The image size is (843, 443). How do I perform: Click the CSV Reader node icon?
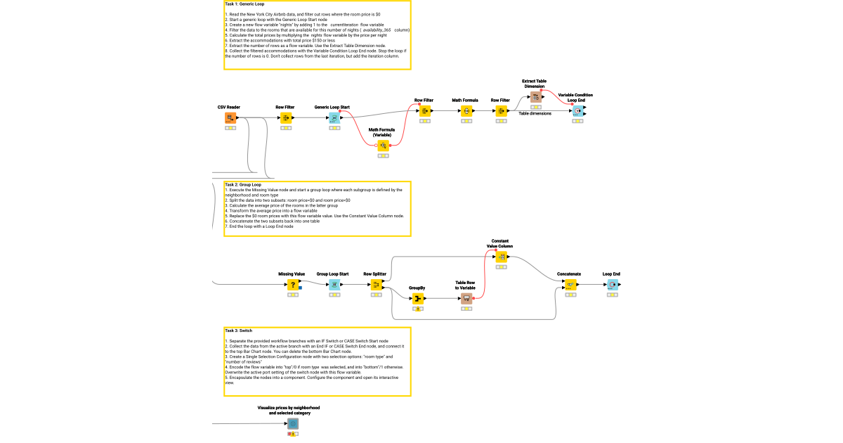point(230,117)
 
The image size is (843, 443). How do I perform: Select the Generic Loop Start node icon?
point(334,117)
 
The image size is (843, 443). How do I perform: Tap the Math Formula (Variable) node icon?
point(383,146)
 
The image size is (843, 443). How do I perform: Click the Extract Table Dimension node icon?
point(535,97)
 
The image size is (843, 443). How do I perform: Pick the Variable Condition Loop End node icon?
point(577,111)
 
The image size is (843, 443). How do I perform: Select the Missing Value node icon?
point(292,285)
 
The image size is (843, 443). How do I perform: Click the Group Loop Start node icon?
point(334,285)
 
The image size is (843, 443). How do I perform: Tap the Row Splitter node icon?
point(376,285)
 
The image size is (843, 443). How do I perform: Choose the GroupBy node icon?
point(418,299)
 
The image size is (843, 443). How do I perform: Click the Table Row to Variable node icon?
point(466,299)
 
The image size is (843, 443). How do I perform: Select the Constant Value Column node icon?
point(502,257)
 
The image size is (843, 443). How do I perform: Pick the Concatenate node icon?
point(570,285)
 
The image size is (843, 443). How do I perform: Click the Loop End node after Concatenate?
point(612,285)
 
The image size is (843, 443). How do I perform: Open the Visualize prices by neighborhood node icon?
point(292,424)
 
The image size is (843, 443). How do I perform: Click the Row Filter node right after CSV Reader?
point(286,117)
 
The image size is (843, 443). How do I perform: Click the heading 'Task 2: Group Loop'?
point(243,184)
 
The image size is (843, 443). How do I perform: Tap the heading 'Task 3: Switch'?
point(239,330)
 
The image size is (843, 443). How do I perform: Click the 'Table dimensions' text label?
point(535,113)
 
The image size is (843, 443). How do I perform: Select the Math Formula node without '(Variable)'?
point(466,111)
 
